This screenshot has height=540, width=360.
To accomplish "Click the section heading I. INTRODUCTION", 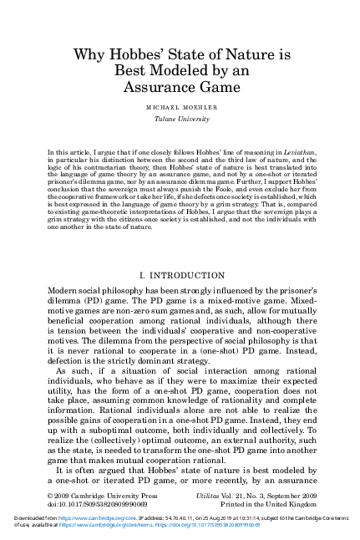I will (179, 273).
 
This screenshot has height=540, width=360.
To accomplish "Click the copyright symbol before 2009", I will (51, 496).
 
